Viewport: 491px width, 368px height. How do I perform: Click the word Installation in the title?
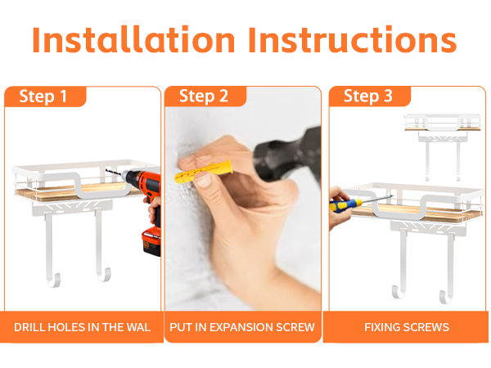point(133,42)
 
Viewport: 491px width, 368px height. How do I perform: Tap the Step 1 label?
point(43,96)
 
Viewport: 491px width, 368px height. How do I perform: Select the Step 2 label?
point(204,96)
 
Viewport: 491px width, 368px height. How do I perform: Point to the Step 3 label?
point(368,96)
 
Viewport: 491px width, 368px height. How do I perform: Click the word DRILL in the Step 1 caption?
point(31,327)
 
